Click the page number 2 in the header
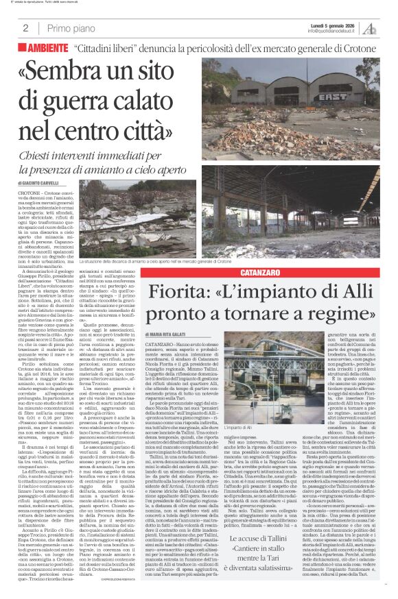[x=25, y=28]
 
